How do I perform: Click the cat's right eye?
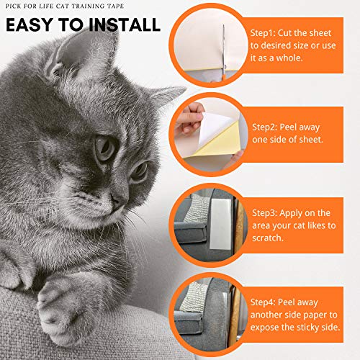pyautogui.click(x=104, y=149)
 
